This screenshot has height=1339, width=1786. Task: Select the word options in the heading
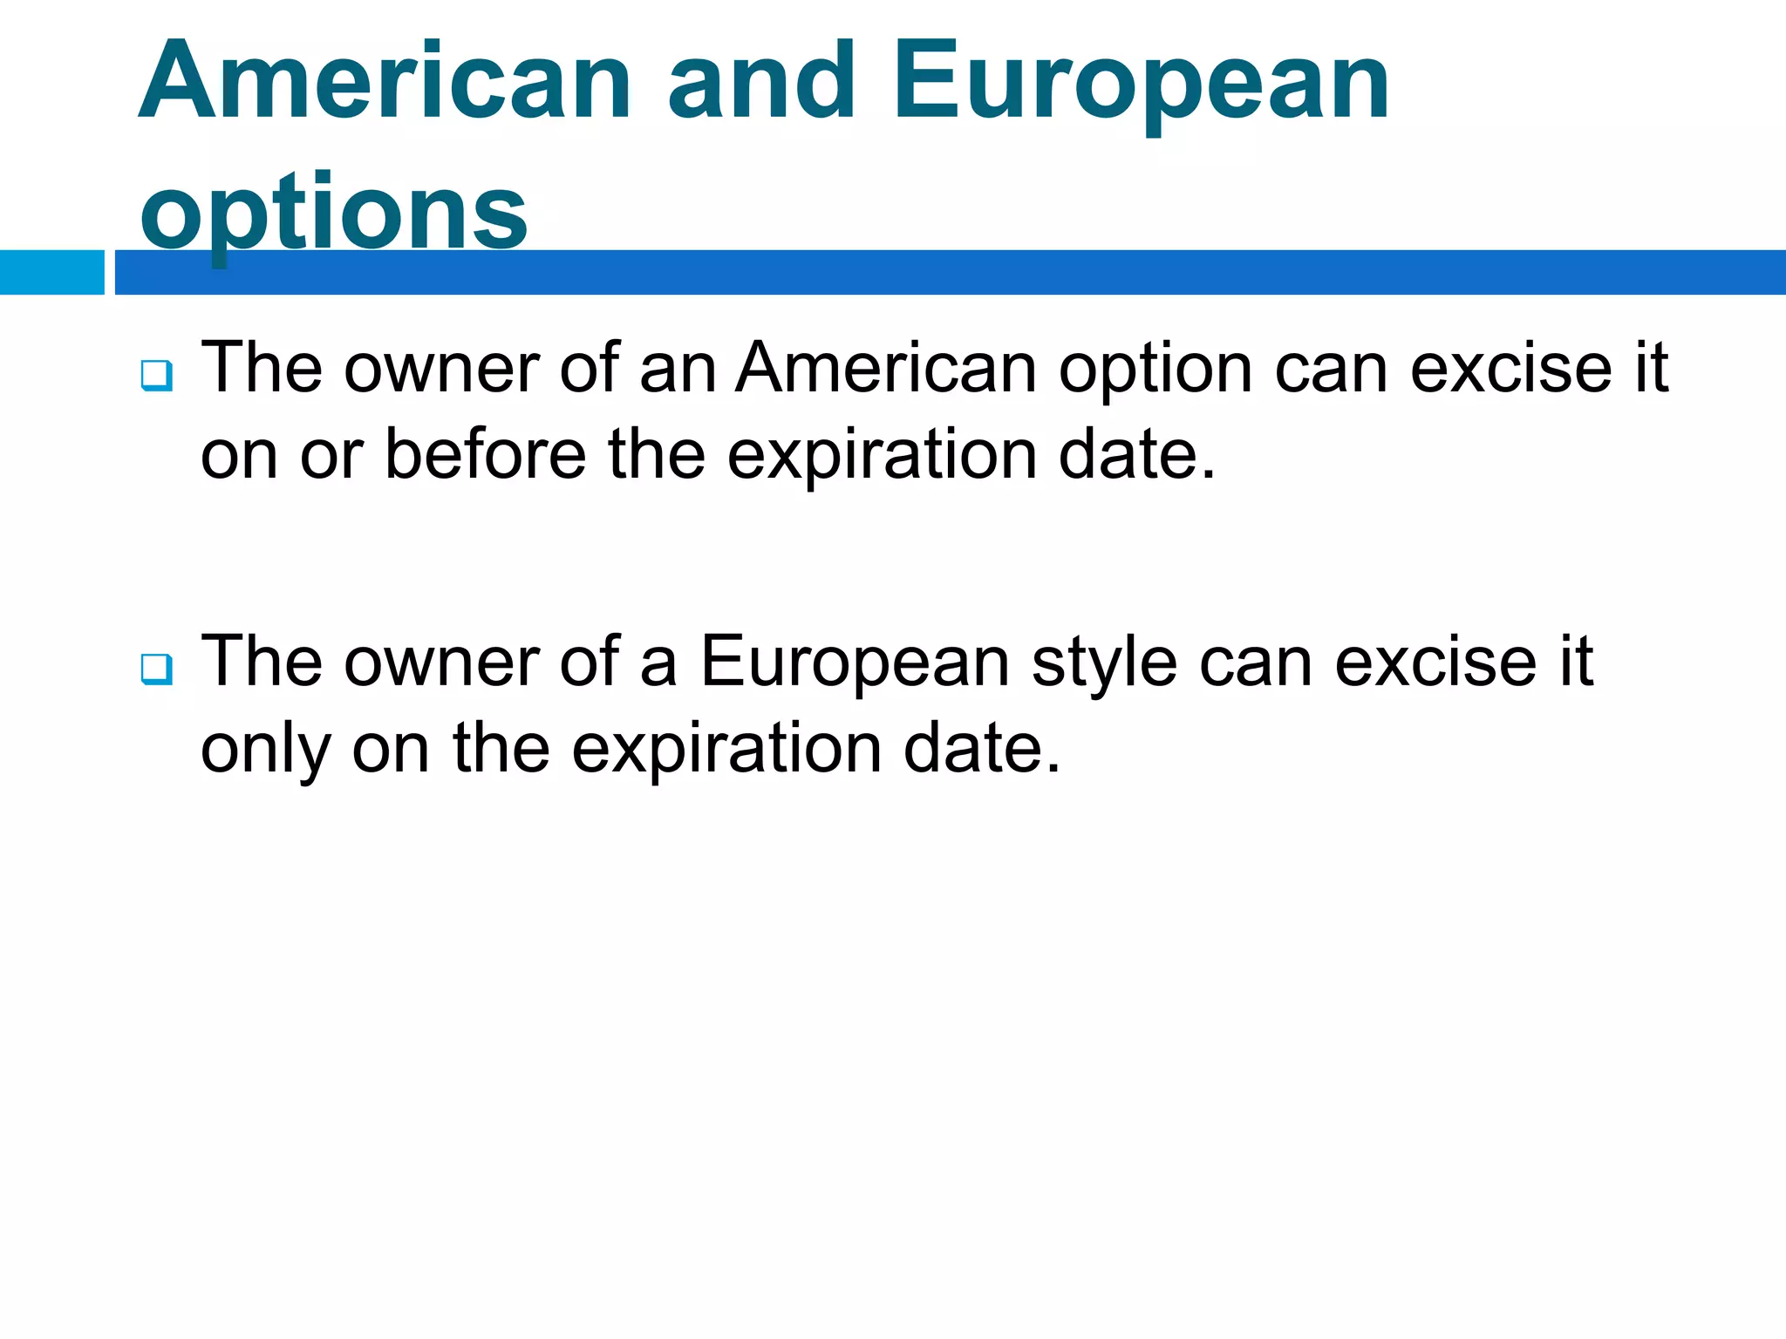tap(333, 211)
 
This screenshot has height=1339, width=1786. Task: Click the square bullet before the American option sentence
tap(156, 376)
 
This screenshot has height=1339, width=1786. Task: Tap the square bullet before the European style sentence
tap(156, 669)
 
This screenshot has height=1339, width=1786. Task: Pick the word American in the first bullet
tap(886, 368)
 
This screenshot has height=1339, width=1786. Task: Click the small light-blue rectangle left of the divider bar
tap(51, 272)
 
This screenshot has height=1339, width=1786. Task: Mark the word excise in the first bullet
tap(1511, 368)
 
